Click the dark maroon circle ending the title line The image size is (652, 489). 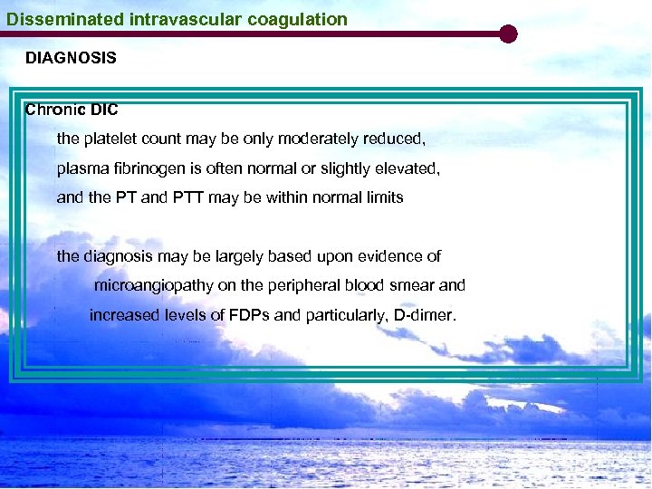click(x=508, y=34)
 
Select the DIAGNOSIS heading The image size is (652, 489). click(x=71, y=59)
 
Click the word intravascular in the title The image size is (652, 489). click(x=159, y=19)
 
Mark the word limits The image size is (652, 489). click(x=383, y=197)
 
